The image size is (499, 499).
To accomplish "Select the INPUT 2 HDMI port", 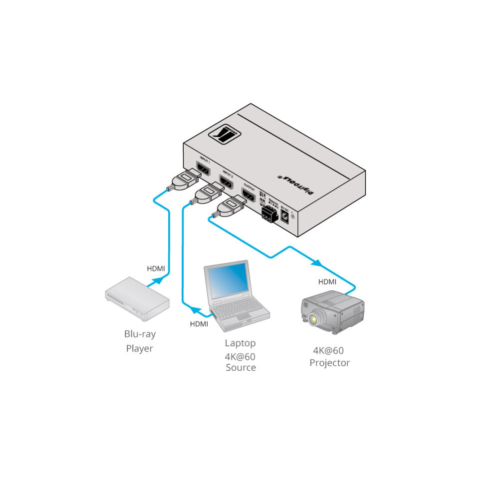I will pyautogui.click(x=227, y=182).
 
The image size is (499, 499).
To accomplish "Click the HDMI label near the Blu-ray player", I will pyautogui.click(x=156, y=268).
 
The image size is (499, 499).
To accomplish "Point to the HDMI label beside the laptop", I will pyautogui.click(x=199, y=324).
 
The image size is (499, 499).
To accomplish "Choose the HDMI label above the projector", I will pyautogui.click(x=327, y=282).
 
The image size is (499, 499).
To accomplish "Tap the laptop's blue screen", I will pyautogui.click(x=228, y=281).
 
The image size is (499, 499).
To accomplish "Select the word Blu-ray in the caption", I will pyautogui.click(x=139, y=334).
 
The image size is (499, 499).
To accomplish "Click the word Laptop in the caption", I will pyautogui.click(x=240, y=343).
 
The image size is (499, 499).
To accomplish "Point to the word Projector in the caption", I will pyautogui.click(x=329, y=363).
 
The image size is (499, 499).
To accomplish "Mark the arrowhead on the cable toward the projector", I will pyautogui.click(x=316, y=262).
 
